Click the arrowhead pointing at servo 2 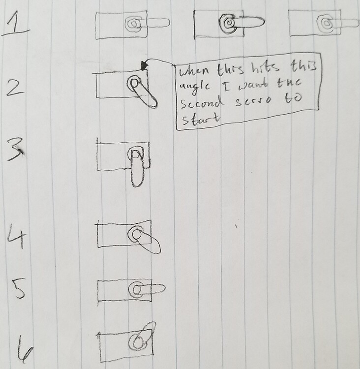(x=144, y=64)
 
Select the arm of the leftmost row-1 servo (x=156, y=23)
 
